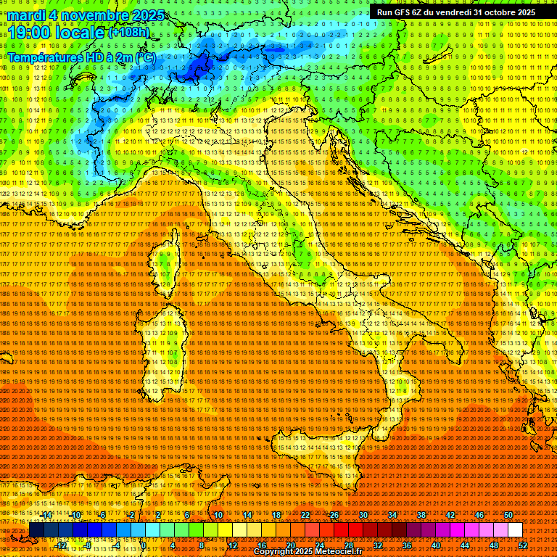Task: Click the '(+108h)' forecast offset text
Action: point(128,32)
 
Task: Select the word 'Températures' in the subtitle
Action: point(45,57)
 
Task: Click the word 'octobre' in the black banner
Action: point(495,12)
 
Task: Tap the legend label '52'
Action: point(523,545)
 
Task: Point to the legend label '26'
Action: point(334,515)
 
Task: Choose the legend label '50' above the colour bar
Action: point(508,515)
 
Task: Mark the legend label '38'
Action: point(421,515)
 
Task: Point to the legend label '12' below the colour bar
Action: point(233,545)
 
